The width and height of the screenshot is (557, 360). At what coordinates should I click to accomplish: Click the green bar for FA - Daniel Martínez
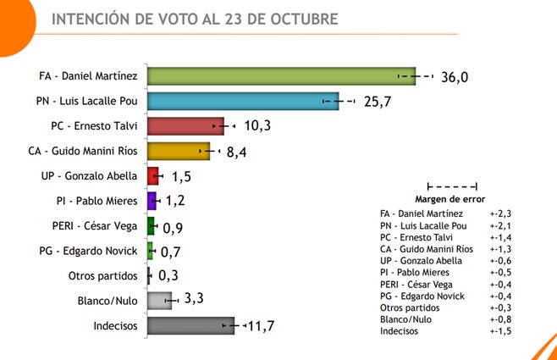pyautogui.click(x=279, y=76)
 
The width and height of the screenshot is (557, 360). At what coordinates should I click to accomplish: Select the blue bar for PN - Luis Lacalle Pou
pyautogui.click(x=243, y=102)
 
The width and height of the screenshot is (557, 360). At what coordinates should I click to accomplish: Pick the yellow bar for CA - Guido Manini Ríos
pyautogui.click(x=178, y=152)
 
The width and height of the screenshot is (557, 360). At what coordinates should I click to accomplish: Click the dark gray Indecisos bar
pyautogui.click(x=190, y=325)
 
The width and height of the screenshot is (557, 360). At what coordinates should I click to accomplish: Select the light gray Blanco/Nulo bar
pyautogui.click(x=158, y=300)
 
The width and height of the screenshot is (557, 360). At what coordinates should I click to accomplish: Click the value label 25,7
pyautogui.click(x=378, y=102)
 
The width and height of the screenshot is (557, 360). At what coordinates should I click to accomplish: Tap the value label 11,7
pyautogui.click(x=263, y=326)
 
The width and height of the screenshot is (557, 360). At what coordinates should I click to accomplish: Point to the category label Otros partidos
pyautogui.click(x=103, y=276)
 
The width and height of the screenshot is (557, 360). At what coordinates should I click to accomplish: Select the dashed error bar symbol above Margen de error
pyautogui.click(x=453, y=186)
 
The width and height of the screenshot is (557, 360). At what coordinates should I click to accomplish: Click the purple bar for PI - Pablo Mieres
pyautogui.click(x=152, y=202)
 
